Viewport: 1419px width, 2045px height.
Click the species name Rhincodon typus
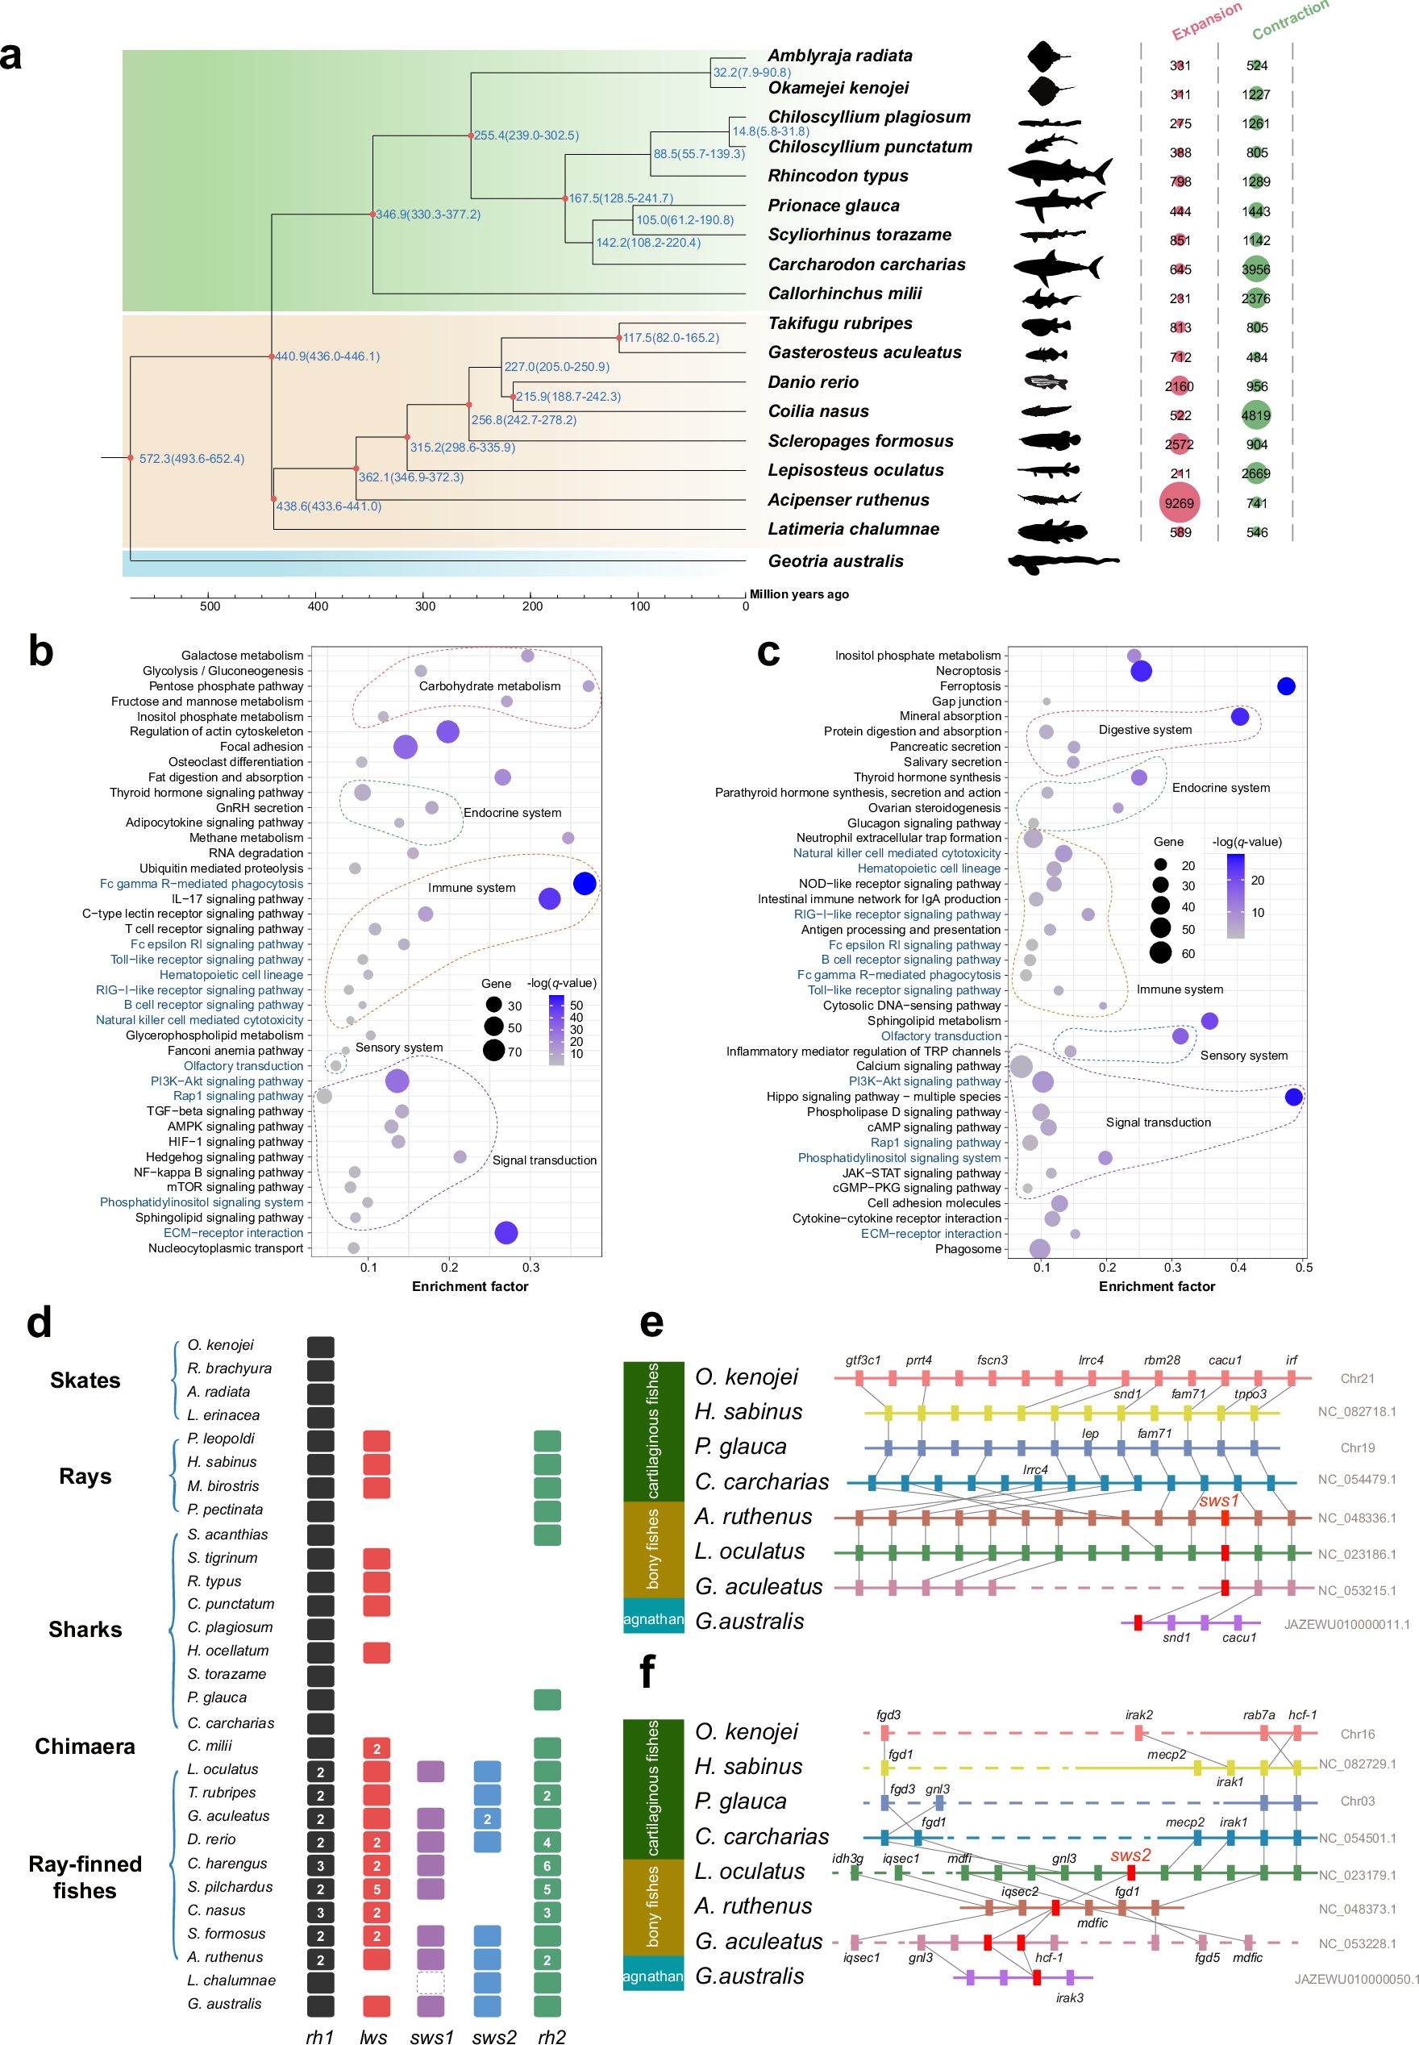point(838,176)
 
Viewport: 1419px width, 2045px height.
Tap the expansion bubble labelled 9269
point(1179,503)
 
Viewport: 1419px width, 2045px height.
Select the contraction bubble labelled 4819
point(1255,415)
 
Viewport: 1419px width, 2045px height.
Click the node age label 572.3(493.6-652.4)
point(191,459)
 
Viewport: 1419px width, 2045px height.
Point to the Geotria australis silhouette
point(1063,562)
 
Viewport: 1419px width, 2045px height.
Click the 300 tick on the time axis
point(425,606)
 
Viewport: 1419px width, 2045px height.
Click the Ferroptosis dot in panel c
point(1286,686)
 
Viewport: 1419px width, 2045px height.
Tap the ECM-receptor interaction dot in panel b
point(506,1232)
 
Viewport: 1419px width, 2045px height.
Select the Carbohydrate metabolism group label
point(490,686)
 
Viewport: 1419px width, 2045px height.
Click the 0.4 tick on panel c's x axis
point(1238,1267)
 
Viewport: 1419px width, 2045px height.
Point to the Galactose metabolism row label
point(242,656)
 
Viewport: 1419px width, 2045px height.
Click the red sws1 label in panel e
point(1217,1501)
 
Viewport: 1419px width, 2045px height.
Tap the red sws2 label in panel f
point(1130,1855)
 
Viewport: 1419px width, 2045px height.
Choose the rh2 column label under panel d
point(551,2037)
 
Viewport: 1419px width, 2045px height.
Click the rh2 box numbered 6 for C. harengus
point(547,1866)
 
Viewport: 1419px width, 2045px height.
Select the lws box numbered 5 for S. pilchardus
point(376,1889)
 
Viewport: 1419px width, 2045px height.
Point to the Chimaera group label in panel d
point(85,1747)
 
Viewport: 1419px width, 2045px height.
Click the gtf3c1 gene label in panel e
point(863,1360)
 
